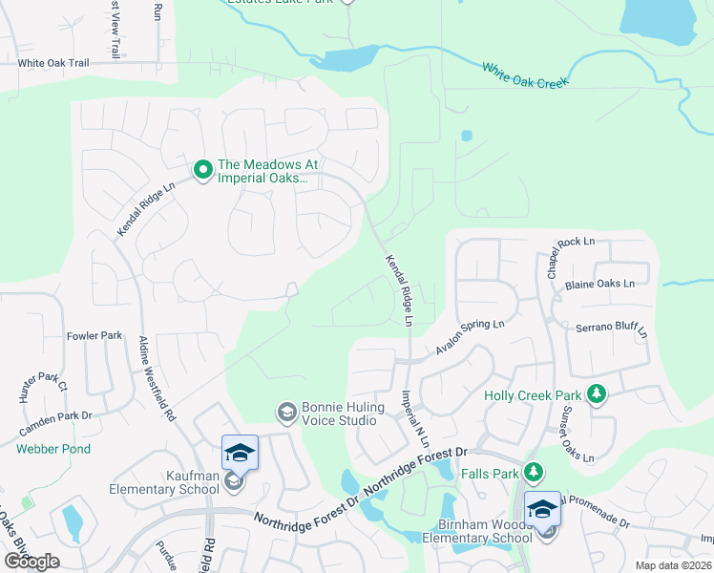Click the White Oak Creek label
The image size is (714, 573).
click(x=525, y=74)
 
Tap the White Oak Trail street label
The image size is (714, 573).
click(x=52, y=63)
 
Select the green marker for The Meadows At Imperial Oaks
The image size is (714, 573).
click(x=202, y=170)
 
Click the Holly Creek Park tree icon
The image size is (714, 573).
click(x=597, y=393)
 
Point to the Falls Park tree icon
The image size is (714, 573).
click(x=534, y=473)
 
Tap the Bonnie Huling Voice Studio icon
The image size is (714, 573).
click(x=285, y=413)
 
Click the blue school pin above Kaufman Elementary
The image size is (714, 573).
click(x=240, y=453)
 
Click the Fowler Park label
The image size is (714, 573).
click(x=94, y=336)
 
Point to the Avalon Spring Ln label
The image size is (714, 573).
click(x=470, y=337)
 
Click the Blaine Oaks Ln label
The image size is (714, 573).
click(x=599, y=284)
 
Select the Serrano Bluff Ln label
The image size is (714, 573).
click(x=611, y=330)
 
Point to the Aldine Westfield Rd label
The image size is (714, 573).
click(x=157, y=378)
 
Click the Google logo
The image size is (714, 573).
click(x=32, y=561)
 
